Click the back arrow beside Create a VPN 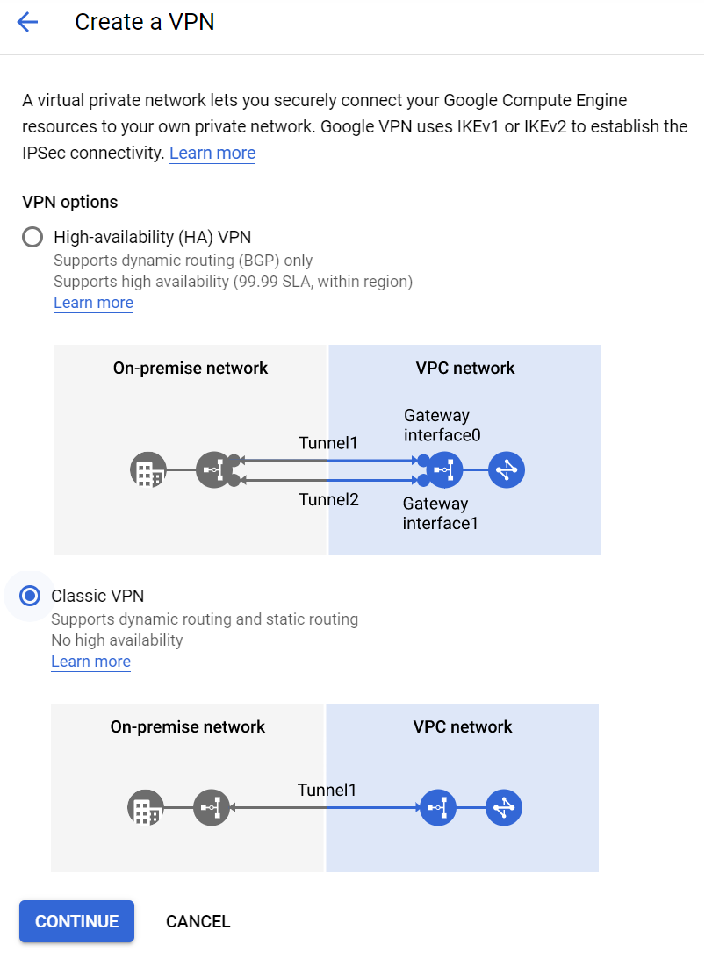click(28, 23)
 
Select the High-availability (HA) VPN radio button click(32, 237)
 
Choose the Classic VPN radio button click(30, 597)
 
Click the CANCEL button click(198, 921)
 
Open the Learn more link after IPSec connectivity click(212, 153)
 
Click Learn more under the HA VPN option click(93, 303)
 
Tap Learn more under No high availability click(90, 662)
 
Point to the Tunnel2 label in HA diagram click(328, 499)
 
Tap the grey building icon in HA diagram click(147, 471)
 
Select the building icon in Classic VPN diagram click(145, 808)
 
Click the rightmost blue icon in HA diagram click(507, 471)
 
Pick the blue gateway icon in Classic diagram click(438, 808)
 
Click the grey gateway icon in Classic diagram click(212, 808)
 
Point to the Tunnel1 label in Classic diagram click(327, 790)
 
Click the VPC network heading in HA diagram click(465, 368)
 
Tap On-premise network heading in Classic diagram click(187, 726)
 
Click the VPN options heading click(69, 202)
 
